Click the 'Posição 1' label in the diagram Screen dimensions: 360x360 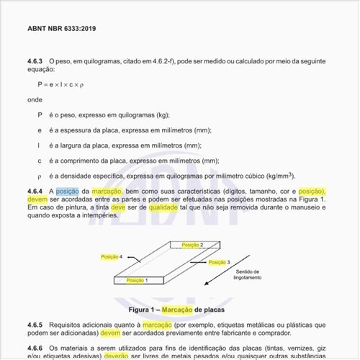(x=136, y=279)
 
